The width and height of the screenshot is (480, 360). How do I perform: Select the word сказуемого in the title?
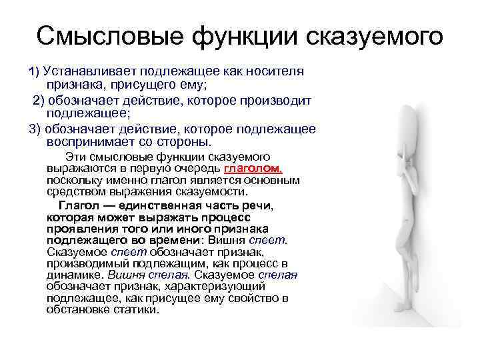coord(375,36)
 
